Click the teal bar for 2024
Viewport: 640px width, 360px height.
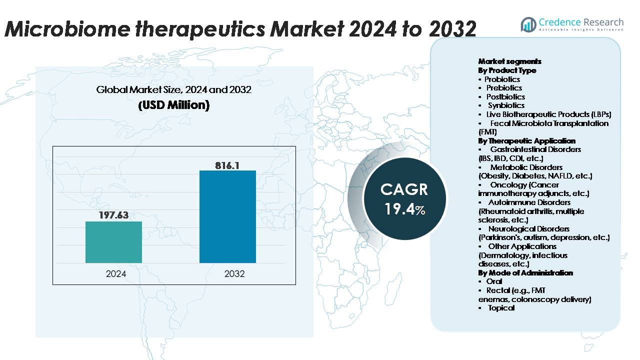click(x=113, y=242)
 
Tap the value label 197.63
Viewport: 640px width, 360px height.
click(x=113, y=215)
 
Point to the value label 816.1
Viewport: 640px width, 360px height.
click(x=227, y=164)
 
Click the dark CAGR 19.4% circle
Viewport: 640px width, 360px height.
click(x=404, y=198)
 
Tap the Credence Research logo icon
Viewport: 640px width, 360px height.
click(x=528, y=24)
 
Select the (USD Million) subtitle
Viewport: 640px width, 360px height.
click(x=173, y=105)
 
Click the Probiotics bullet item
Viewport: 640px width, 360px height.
click(x=502, y=79)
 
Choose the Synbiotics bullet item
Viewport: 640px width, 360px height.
click(x=506, y=105)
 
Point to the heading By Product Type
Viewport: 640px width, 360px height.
click(x=507, y=70)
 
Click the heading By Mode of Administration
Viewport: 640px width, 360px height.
click(x=525, y=273)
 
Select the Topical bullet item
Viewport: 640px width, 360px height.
click(x=501, y=308)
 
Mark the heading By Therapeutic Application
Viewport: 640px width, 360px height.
click(x=526, y=141)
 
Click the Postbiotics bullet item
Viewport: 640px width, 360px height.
click(x=505, y=96)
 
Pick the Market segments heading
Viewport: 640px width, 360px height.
click(x=509, y=61)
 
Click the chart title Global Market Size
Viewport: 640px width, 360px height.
click(x=173, y=90)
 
